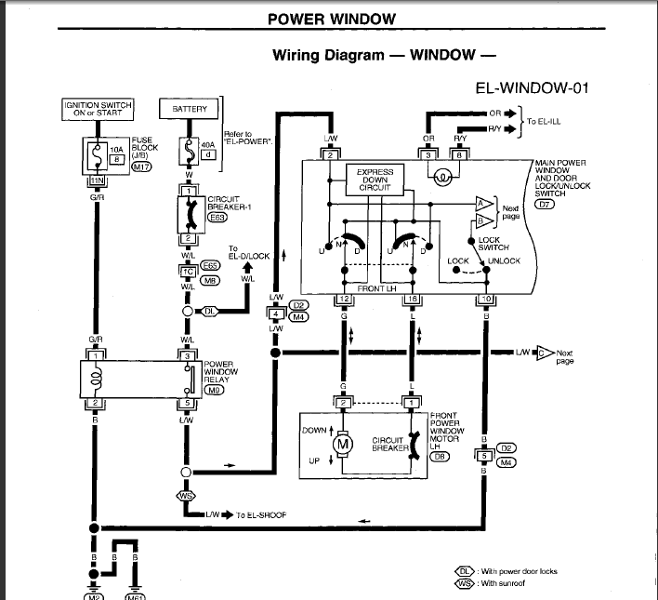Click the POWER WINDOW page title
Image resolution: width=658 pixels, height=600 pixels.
pyautogui.click(x=331, y=19)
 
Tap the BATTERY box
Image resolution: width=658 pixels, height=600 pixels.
pyautogui.click(x=190, y=109)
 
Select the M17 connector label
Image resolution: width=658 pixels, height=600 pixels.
pyautogui.click(x=141, y=167)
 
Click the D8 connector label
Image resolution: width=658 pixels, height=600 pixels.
pyautogui.click(x=441, y=456)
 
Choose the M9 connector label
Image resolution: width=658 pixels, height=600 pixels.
pyautogui.click(x=215, y=391)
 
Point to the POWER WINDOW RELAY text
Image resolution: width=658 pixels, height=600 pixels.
pyautogui.click(x=221, y=372)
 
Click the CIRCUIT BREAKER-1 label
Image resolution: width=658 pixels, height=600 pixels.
pyautogui.click(x=227, y=202)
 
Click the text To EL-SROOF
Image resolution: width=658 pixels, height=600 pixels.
pyautogui.click(x=260, y=513)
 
